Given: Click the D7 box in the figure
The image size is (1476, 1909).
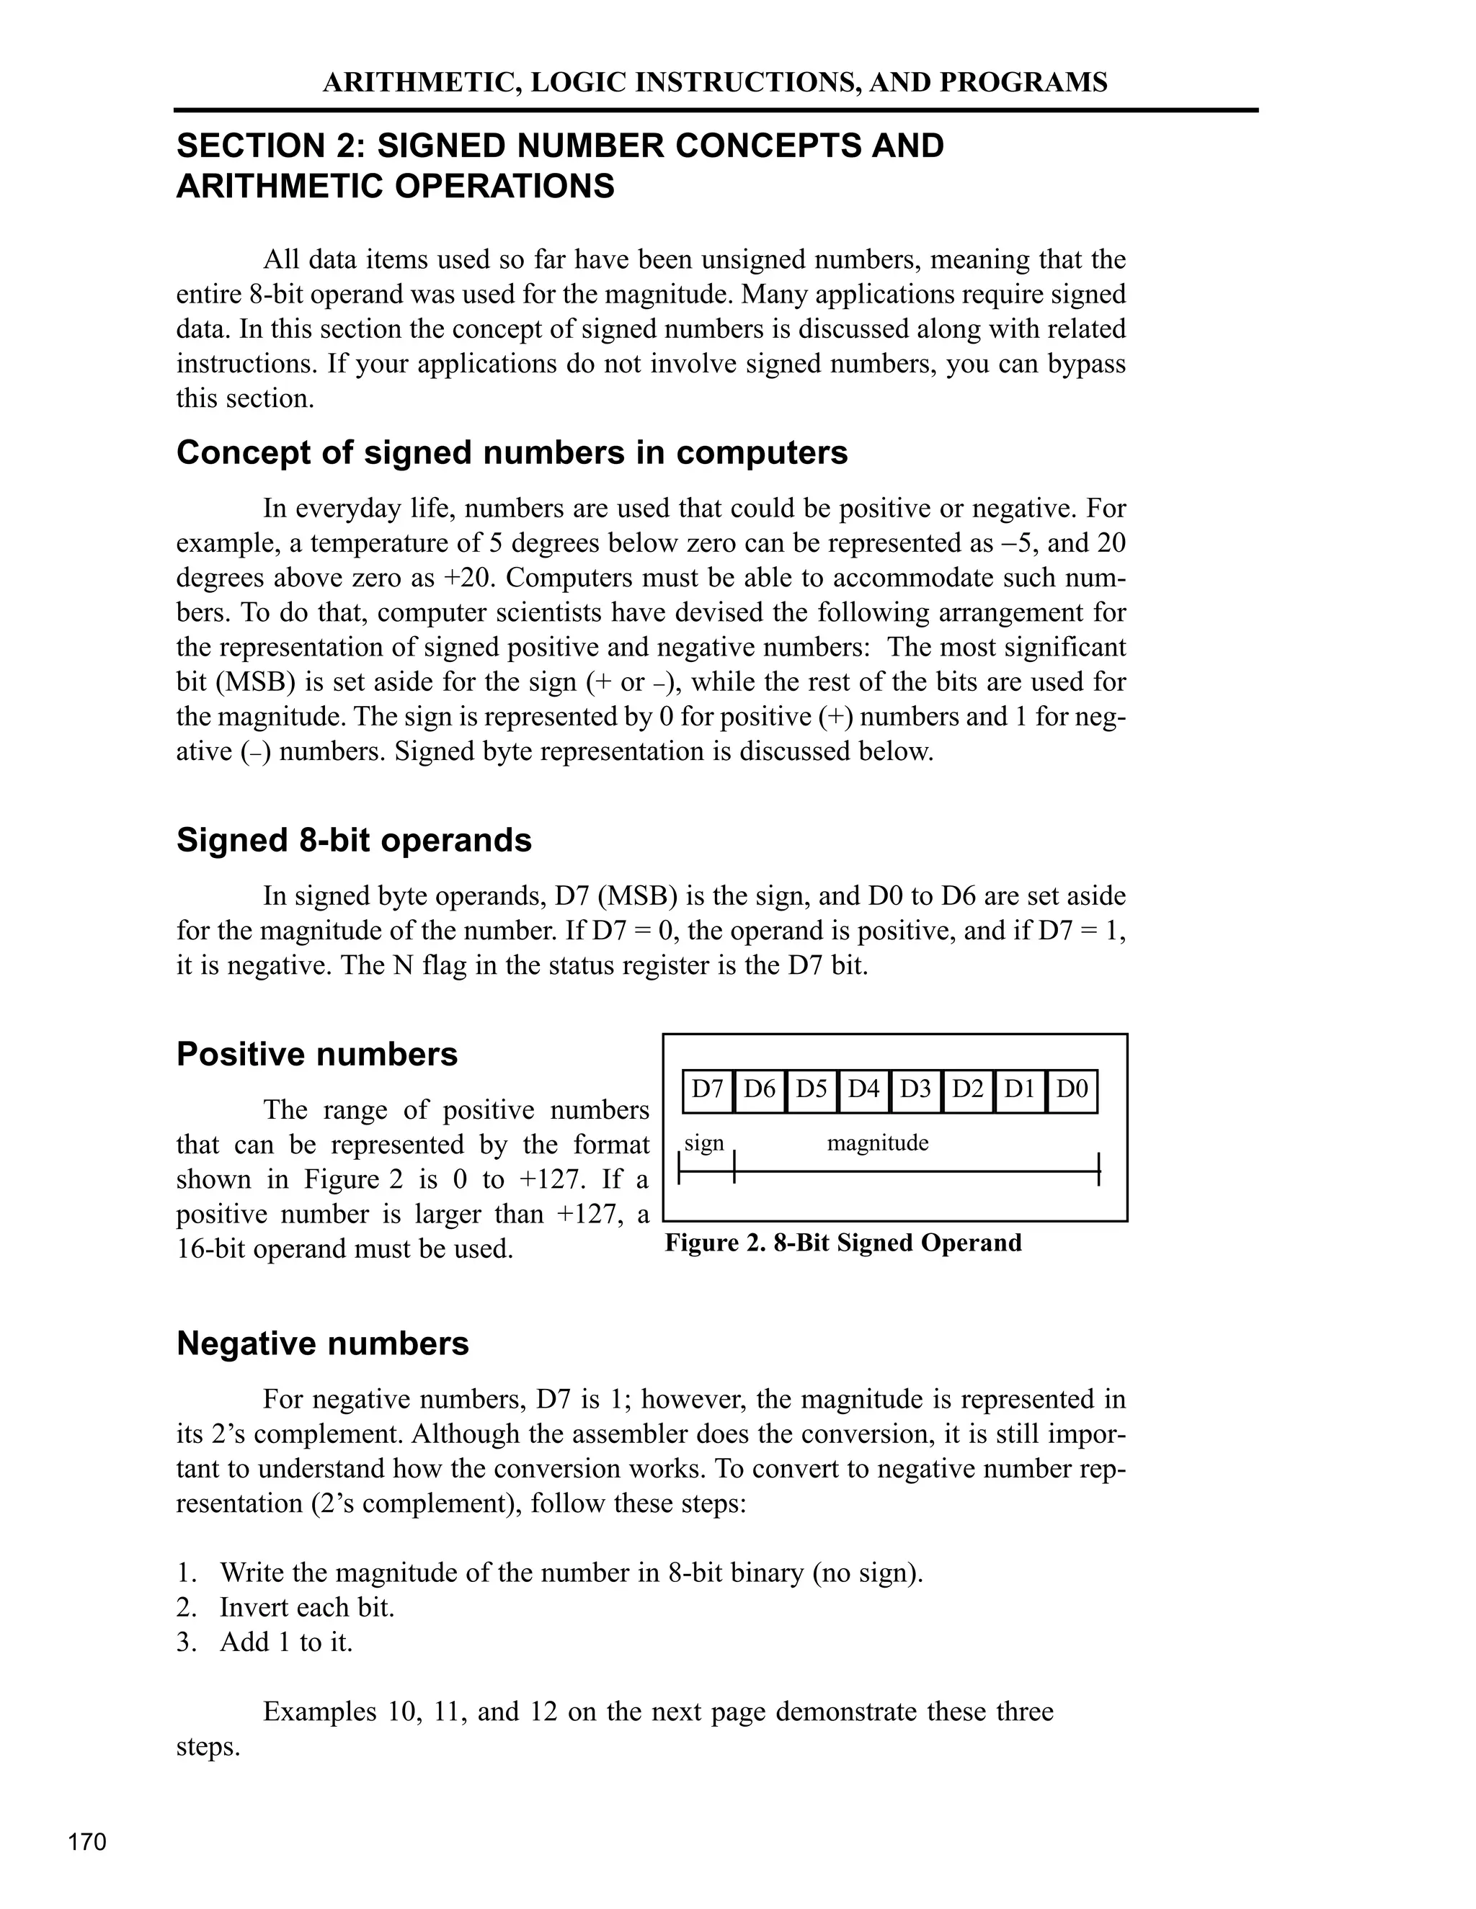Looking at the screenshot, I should click(x=708, y=1090).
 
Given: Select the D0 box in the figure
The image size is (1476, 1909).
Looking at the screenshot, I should click(x=1071, y=1090).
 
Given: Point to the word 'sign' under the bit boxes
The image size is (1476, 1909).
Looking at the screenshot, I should click(x=704, y=1143).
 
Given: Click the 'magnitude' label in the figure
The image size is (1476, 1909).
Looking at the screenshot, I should click(x=877, y=1143).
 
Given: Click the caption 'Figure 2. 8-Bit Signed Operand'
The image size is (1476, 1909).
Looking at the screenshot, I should click(x=843, y=1243).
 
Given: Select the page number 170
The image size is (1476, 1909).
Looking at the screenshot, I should click(x=87, y=1842).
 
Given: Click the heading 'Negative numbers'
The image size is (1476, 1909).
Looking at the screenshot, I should click(x=323, y=1344).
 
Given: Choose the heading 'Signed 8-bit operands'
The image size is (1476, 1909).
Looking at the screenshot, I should click(x=354, y=840).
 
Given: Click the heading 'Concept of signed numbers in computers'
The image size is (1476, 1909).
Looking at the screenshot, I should click(x=512, y=453).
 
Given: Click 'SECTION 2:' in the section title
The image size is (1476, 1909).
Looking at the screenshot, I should click(x=271, y=146).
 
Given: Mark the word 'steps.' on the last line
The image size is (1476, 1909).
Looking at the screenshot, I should click(x=208, y=1748).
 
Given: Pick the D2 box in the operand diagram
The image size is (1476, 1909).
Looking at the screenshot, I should click(x=967, y=1090).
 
